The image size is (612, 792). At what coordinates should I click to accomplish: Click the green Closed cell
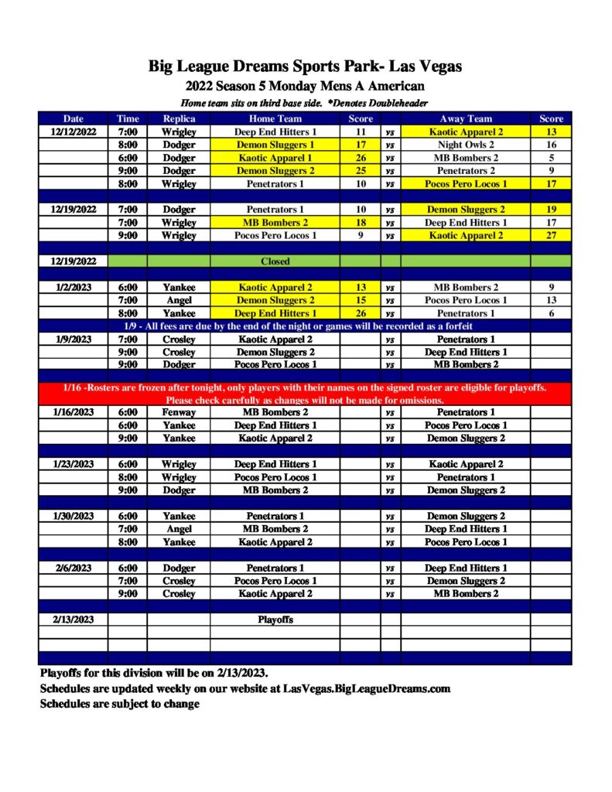pyautogui.click(x=275, y=261)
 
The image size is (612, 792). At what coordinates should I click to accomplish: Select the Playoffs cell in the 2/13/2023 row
pyautogui.click(x=275, y=620)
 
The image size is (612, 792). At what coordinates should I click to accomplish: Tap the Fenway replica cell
pyautogui.click(x=179, y=412)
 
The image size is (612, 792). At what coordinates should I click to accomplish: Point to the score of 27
pyautogui.click(x=551, y=236)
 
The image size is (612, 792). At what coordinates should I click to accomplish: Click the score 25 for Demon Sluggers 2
pyautogui.click(x=361, y=171)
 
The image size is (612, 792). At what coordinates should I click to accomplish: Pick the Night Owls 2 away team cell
pyautogui.click(x=466, y=145)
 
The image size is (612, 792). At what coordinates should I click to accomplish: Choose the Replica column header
pyautogui.click(x=179, y=119)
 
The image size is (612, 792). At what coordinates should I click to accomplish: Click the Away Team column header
pyautogui.click(x=466, y=119)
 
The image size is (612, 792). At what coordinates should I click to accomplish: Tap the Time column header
pyautogui.click(x=128, y=119)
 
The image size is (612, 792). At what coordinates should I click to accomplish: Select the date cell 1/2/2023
pyautogui.click(x=74, y=287)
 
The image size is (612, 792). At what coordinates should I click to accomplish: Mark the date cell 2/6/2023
pyautogui.click(x=74, y=568)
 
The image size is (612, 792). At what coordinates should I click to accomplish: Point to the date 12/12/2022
pyautogui.click(x=74, y=132)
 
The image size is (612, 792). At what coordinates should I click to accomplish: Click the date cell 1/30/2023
pyautogui.click(x=74, y=516)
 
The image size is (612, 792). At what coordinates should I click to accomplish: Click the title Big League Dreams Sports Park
pyautogui.click(x=306, y=67)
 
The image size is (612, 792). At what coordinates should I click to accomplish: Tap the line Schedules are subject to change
pyautogui.click(x=119, y=704)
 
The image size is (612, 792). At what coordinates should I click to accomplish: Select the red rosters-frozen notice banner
pyautogui.click(x=306, y=394)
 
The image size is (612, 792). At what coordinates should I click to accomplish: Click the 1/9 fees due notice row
pyautogui.click(x=306, y=326)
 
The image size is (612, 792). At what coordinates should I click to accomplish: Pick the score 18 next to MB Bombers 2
pyautogui.click(x=361, y=223)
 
